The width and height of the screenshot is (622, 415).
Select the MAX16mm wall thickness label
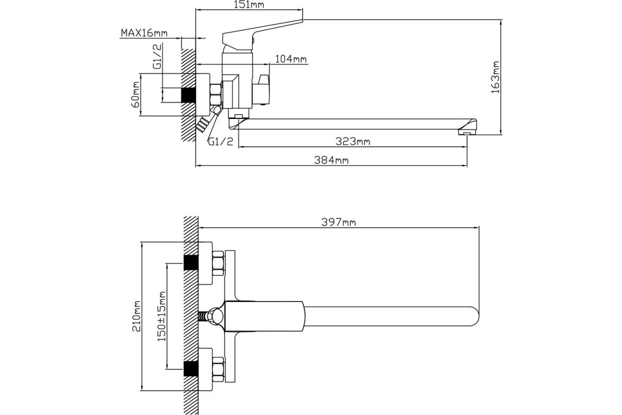pyautogui.click(x=144, y=33)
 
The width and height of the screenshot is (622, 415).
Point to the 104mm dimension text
pyautogui.click(x=291, y=59)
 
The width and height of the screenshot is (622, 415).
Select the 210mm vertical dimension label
pyautogui.click(x=137, y=316)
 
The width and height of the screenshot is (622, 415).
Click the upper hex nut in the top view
pyautogui.click(x=217, y=264)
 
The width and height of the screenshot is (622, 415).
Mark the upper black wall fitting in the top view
pyautogui.click(x=191, y=263)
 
